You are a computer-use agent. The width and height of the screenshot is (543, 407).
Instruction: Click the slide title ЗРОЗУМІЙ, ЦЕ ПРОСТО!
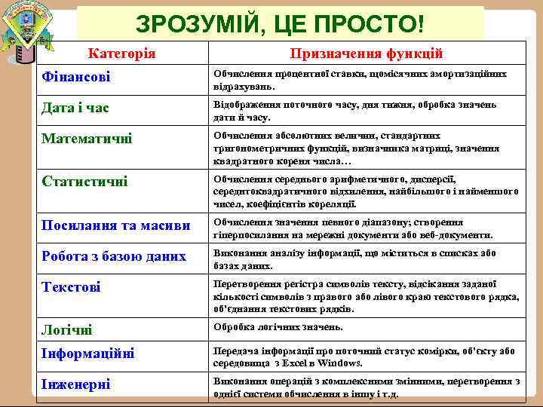click(x=280, y=23)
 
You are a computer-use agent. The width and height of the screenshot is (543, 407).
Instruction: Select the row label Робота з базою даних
click(x=113, y=256)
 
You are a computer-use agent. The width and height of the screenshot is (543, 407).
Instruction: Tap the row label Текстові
click(x=72, y=287)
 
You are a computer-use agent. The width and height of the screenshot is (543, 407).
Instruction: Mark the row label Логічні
click(x=67, y=330)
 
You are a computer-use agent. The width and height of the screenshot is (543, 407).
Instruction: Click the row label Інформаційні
click(x=89, y=354)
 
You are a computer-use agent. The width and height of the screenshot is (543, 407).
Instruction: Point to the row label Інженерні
click(x=75, y=384)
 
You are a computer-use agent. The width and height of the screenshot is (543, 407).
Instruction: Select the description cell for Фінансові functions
click(x=360, y=79)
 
